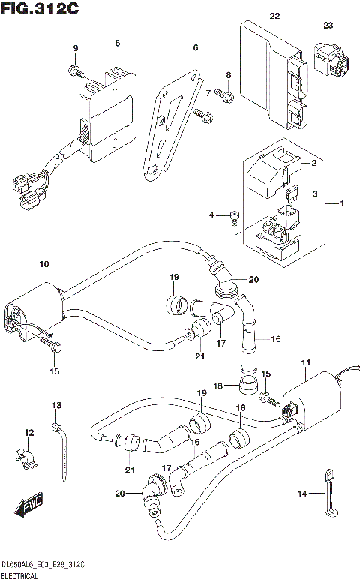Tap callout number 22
click(274, 16)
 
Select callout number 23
click(328, 26)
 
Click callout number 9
click(75, 49)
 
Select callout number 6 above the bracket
click(196, 48)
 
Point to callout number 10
click(43, 264)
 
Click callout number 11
click(305, 363)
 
